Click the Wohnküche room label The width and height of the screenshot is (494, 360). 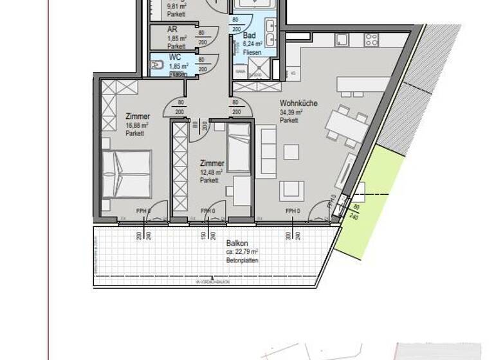295,103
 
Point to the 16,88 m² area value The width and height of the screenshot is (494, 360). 138,125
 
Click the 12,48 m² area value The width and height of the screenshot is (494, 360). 211,172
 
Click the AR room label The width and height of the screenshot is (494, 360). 172,30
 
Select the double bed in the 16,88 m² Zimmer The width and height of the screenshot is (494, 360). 127,173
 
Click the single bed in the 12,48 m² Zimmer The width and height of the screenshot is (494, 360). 239,150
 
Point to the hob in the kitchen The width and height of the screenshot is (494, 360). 371,39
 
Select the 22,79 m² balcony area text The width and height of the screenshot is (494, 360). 242,252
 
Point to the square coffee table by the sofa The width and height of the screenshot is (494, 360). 291,152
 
